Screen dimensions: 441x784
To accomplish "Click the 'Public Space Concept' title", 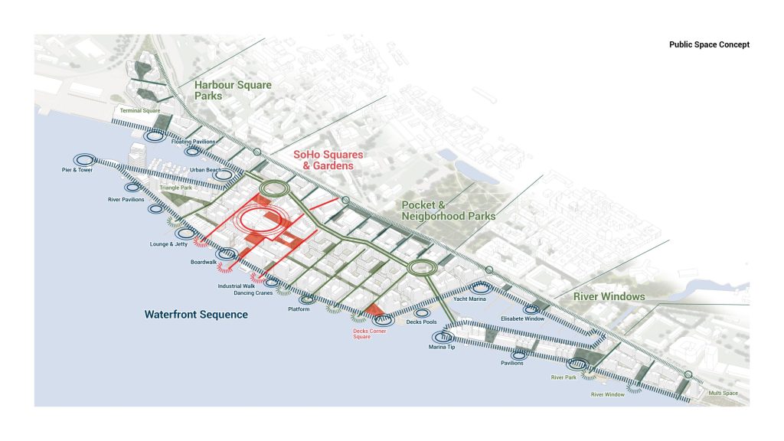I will point(709,45).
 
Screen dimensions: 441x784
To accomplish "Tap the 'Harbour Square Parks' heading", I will point(233,90).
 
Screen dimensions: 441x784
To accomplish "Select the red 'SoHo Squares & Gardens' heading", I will point(328,160).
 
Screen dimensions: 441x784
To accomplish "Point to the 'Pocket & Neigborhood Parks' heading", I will point(449,211).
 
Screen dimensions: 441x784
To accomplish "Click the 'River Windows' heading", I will point(611,296).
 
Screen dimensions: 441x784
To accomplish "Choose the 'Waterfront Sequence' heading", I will point(196,314).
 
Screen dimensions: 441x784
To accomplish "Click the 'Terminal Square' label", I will point(139,111).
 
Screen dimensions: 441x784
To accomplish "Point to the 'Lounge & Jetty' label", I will point(168,245).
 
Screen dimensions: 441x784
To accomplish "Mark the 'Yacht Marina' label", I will point(471,299).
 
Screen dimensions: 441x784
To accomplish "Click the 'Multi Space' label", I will point(724,393).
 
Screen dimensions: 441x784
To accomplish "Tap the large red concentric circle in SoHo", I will point(263,221).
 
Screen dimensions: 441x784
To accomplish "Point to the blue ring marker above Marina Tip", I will point(443,335).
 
